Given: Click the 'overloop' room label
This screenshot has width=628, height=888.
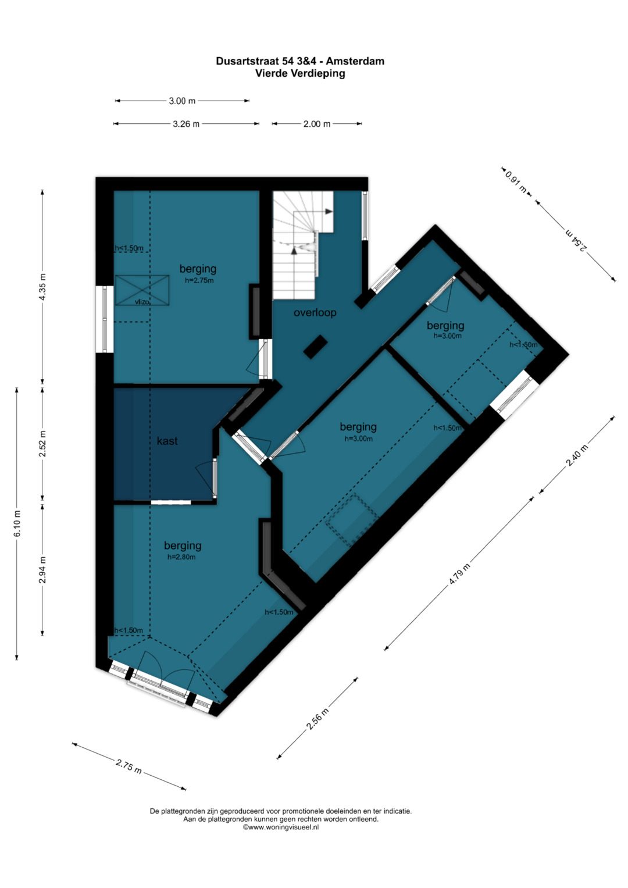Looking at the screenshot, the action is [x=315, y=313].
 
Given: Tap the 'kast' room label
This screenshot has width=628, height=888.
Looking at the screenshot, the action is [x=167, y=441].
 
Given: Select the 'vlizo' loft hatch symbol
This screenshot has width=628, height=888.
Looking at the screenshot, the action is [x=142, y=291].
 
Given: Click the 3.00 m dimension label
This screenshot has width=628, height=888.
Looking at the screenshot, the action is [x=182, y=101].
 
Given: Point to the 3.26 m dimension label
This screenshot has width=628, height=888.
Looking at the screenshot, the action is [x=186, y=124].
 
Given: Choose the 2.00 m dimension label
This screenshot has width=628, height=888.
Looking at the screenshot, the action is [x=317, y=124].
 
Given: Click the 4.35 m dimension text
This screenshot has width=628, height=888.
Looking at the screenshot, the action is [x=43, y=287].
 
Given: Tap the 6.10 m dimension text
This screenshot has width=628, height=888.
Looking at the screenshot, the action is [x=17, y=524].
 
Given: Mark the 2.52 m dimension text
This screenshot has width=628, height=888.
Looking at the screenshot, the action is [x=43, y=443].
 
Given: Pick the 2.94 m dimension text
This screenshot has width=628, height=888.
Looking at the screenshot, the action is [x=43, y=570].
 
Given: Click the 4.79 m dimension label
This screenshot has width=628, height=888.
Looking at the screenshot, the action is [x=459, y=575].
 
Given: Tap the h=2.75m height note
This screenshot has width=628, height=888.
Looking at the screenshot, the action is [x=199, y=280].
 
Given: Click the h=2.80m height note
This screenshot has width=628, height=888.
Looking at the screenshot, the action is [x=181, y=557].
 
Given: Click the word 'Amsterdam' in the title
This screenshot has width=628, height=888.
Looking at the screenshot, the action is [x=355, y=61].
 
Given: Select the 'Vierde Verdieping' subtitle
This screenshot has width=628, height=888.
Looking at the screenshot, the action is [x=300, y=74].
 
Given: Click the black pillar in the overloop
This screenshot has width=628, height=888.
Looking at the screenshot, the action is [x=315, y=347].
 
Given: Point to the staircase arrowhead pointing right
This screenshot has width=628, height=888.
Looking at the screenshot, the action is [x=329, y=212].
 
